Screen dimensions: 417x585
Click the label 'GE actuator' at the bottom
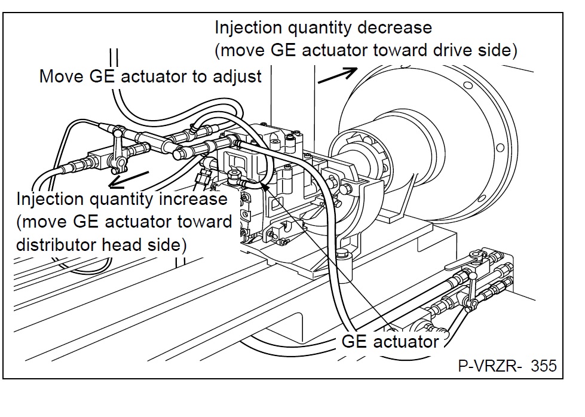click(x=390, y=342)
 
